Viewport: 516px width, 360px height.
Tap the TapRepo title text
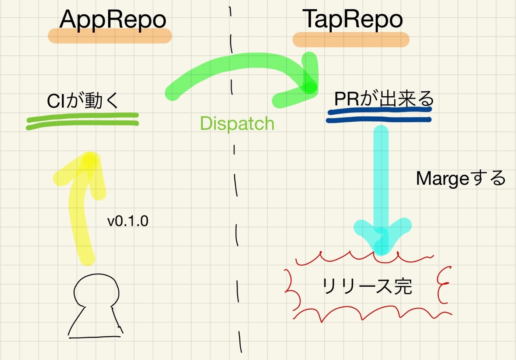[352, 19]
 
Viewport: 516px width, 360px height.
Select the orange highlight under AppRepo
[110, 36]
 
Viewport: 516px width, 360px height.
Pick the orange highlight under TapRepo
[351, 40]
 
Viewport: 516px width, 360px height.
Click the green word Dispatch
[237, 123]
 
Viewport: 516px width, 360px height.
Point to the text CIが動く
[83, 100]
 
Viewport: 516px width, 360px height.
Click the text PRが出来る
[384, 99]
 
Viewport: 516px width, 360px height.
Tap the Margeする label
[460, 179]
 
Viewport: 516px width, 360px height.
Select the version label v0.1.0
[128, 221]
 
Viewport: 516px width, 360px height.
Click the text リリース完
[367, 286]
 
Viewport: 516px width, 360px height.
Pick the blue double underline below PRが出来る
[379, 115]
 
